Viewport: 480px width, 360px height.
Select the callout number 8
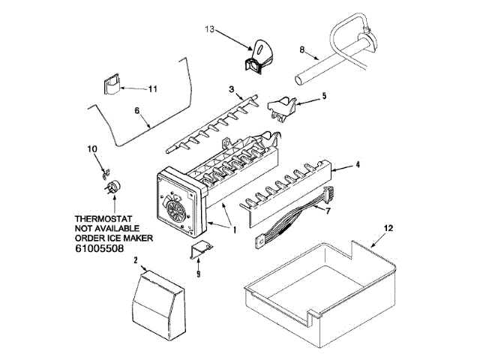coord(301,50)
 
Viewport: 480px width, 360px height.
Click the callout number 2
coord(136,260)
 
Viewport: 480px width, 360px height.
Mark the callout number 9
coord(198,274)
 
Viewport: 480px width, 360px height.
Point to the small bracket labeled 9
coord(199,251)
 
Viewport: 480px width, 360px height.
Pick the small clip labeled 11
coord(112,82)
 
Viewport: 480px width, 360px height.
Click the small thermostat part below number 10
coord(113,187)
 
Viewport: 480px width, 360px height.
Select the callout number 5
coord(324,95)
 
